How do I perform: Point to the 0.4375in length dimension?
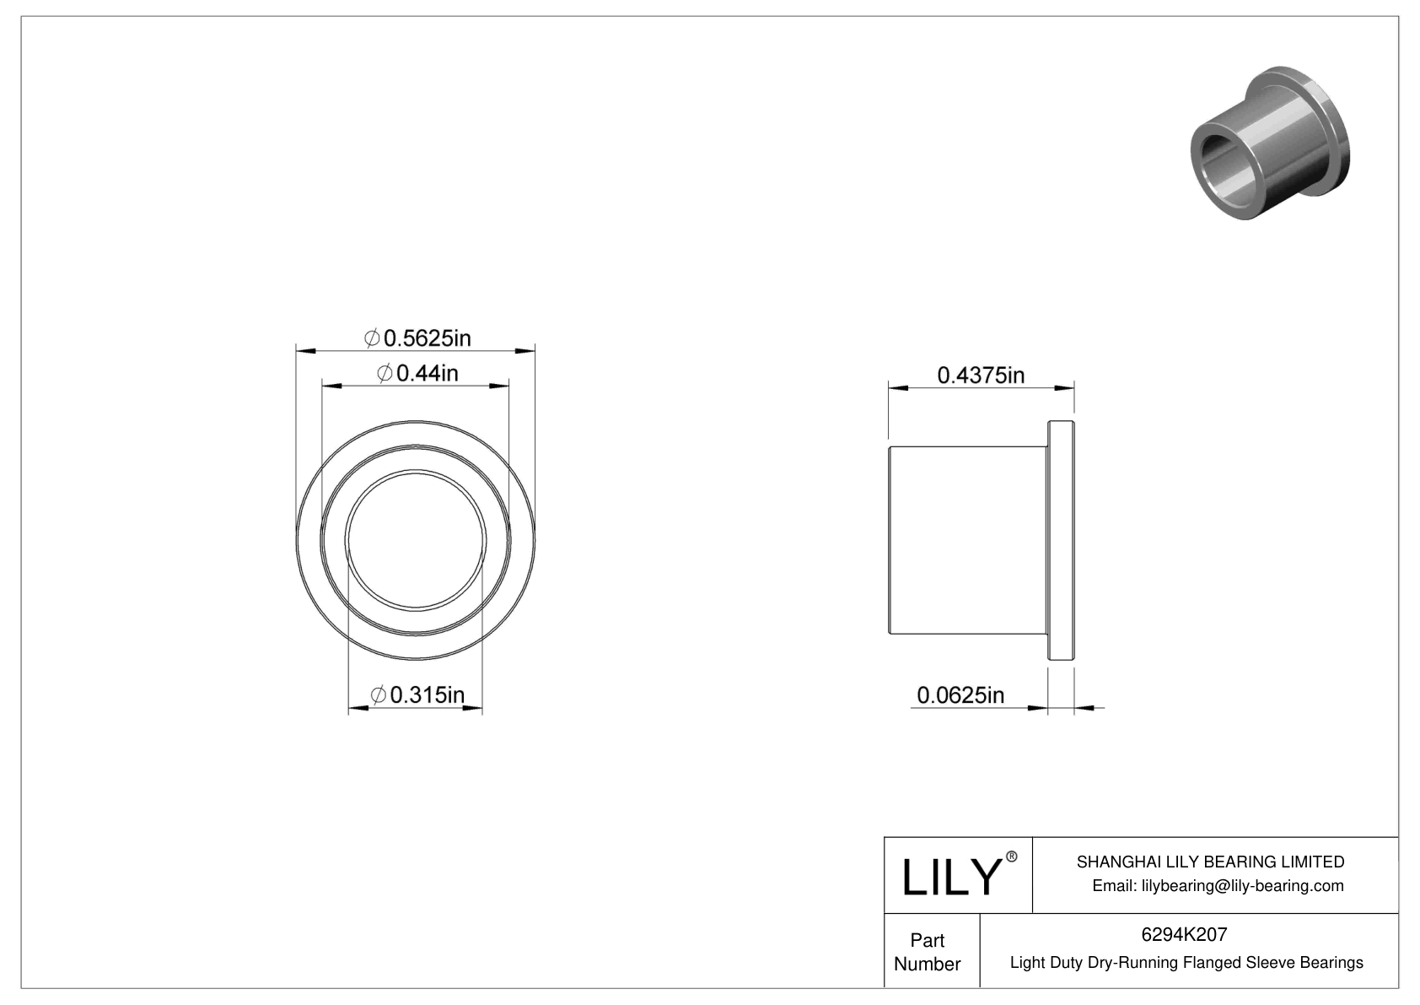tap(981, 375)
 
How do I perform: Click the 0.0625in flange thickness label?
tap(960, 695)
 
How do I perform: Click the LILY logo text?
tap(950, 878)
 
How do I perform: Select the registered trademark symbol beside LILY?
tap(1012, 856)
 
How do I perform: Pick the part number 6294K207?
tap(1184, 934)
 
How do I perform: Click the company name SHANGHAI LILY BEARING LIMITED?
tap(1210, 862)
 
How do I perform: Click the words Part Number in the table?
tap(927, 952)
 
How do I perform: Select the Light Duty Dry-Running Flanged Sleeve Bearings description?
tap(1186, 962)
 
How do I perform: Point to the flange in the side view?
tap(1061, 540)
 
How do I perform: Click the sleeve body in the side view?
tap(967, 539)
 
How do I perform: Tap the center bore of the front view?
tap(416, 540)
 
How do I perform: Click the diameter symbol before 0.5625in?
tap(371, 338)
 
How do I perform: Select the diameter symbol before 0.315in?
tap(379, 695)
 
